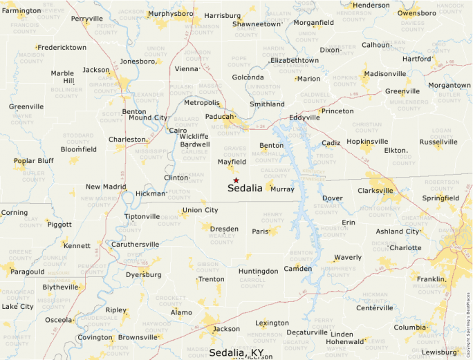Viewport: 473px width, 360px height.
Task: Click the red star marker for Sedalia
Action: pos(236,180)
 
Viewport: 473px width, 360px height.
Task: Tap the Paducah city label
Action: pos(219,117)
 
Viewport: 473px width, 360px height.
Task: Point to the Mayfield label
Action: pos(232,162)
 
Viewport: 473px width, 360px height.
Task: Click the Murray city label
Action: pos(282,189)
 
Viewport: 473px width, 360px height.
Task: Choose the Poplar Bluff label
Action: pos(33,161)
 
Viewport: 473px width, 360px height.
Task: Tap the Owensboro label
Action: pos(417,13)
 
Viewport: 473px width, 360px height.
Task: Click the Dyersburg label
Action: pos(143,274)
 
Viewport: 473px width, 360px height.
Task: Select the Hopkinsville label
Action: pos(367,142)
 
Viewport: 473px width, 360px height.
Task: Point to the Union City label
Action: pos(200,210)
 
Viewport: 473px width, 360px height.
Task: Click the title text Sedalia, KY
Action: pos(236,353)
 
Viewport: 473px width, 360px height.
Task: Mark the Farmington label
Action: pos(21,11)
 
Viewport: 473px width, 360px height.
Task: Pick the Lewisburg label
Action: pos(439,352)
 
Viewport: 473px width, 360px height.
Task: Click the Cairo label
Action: pos(178,131)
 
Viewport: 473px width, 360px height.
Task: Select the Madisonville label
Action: pos(384,74)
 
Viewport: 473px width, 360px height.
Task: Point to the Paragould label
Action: pos(28,272)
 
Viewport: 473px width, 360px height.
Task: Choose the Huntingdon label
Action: pos(258,272)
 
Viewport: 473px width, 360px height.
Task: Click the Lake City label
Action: pos(17,306)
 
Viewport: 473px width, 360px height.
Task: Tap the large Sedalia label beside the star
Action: pos(245,188)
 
